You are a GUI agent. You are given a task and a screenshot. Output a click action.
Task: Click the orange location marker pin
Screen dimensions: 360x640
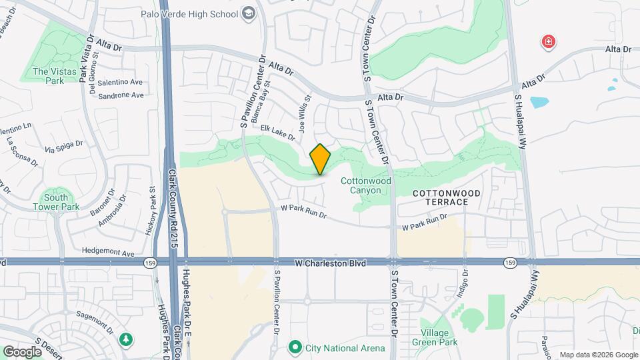[x=320, y=159]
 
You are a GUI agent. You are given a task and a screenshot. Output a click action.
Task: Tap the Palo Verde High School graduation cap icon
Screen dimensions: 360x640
[x=249, y=13]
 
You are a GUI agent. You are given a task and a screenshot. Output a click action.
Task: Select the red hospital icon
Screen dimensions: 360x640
[x=549, y=43]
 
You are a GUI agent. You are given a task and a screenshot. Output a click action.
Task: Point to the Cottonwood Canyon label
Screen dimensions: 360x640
[x=361, y=185]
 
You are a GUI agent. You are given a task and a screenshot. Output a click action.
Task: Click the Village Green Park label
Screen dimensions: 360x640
[x=439, y=337]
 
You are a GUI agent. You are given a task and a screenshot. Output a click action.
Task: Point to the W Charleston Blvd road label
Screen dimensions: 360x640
[x=331, y=263]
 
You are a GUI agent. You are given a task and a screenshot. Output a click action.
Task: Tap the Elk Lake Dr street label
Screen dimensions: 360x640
[x=277, y=132]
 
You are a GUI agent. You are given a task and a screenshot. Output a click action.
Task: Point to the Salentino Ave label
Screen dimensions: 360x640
[x=121, y=82]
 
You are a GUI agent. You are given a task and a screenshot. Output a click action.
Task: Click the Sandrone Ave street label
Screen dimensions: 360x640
[x=121, y=95]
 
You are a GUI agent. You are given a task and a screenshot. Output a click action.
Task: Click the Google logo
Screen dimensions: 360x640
[x=22, y=351]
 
